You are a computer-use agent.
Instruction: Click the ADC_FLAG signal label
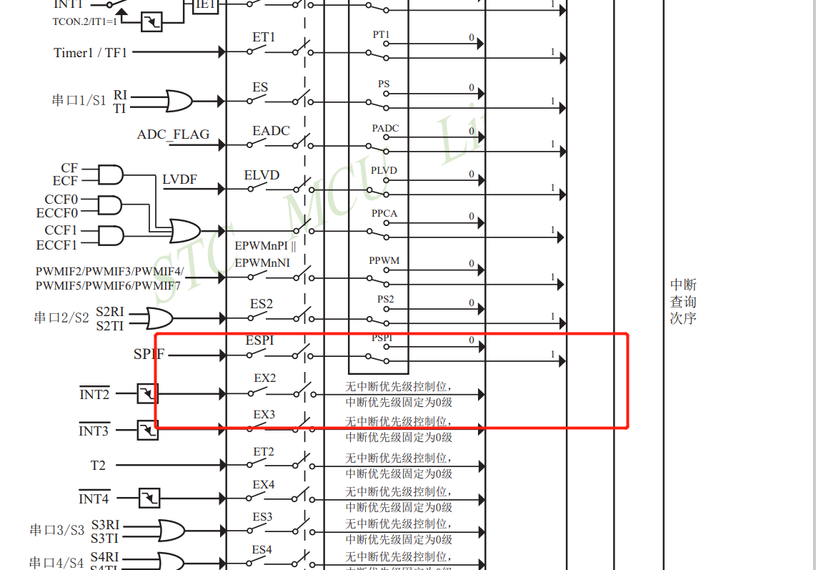point(174,134)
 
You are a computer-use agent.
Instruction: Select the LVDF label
point(179,180)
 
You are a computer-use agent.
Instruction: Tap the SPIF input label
point(149,354)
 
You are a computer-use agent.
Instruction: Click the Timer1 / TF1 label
point(91,52)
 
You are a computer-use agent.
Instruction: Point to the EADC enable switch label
point(271,131)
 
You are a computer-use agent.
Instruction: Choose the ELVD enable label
point(262,175)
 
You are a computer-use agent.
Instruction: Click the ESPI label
point(259,340)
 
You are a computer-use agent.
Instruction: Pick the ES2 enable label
point(261,304)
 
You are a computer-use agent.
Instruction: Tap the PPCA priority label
point(384,214)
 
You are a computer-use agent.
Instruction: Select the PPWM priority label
point(384,261)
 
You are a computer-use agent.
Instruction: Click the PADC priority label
point(385,129)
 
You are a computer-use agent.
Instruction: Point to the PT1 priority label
point(382,34)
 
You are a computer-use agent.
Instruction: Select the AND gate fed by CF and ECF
point(110,175)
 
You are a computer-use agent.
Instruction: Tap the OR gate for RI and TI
point(179,101)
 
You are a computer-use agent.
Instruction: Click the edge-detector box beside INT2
point(147,393)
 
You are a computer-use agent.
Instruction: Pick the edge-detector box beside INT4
point(149,498)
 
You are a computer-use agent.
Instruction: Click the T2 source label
point(98,466)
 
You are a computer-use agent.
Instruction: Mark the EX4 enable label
point(264,485)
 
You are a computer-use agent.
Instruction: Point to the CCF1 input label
point(61,230)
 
